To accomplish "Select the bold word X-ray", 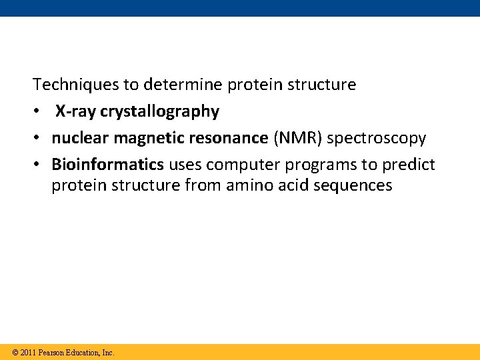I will (x=76, y=111).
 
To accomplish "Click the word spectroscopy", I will (x=377, y=138).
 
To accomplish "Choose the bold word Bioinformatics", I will (x=107, y=165).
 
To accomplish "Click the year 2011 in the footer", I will (x=28, y=352).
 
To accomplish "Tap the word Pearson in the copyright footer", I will (x=52, y=352).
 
